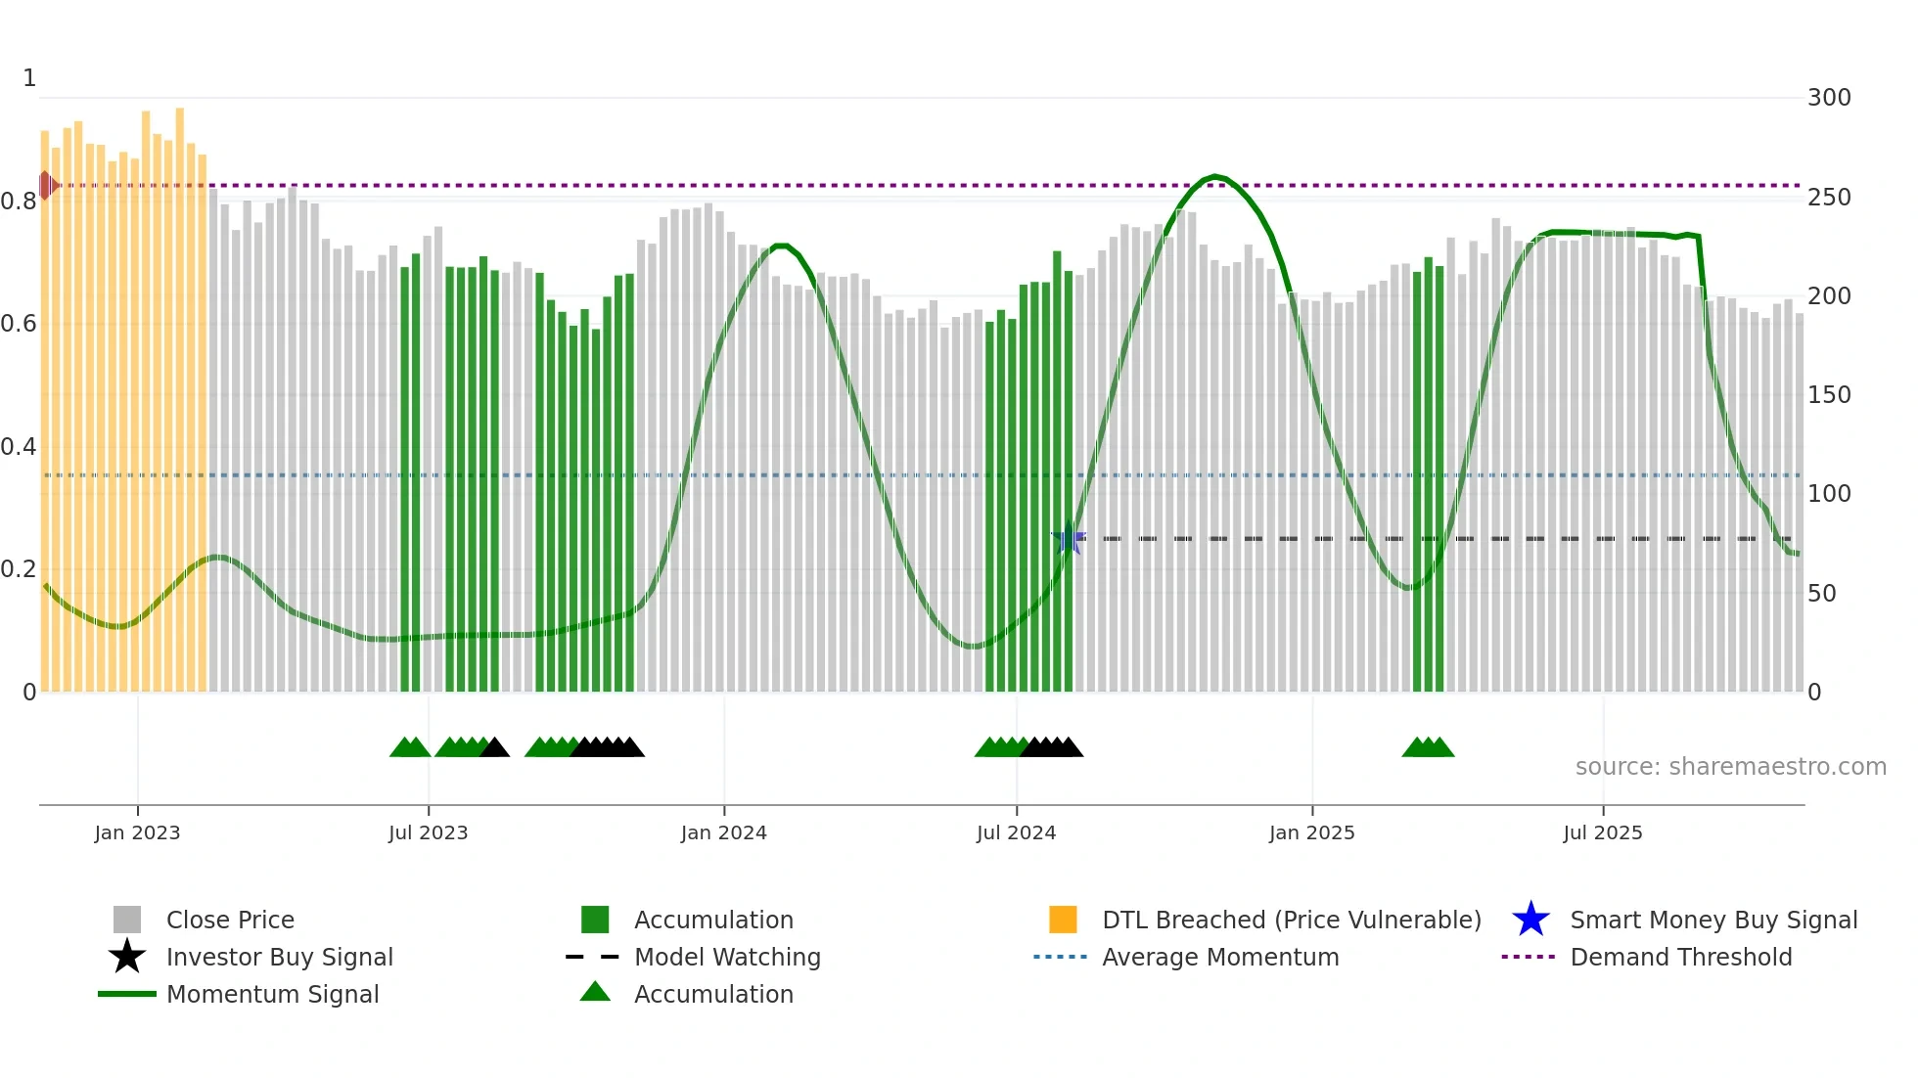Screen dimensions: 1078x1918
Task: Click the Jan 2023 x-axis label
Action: [x=137, y=832]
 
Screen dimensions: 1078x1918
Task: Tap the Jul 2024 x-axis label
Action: [x=1016, y=832]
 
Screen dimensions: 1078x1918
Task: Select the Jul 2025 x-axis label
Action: [x=1602, y=832]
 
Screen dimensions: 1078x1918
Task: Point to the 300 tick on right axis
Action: [x=1828, y=98]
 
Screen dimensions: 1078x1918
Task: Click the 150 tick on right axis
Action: [x=1828, y=395]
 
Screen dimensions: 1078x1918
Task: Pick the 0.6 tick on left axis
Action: [x=19, y=324]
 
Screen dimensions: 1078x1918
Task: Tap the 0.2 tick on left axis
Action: [x=19, y=569]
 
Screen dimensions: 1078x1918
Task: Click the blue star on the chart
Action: [x=1069, y=539]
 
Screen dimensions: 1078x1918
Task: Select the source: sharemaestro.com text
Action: [x=1730, y=767]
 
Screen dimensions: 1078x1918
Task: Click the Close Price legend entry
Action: [x=230, y=920]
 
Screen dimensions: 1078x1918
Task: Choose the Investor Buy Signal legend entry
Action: [x=279, y=957]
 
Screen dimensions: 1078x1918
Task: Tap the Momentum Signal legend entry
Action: [x=272, y=994]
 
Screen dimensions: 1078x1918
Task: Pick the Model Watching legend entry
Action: [x=727, y=957]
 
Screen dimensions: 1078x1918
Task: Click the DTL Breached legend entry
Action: [x=1291, y=920]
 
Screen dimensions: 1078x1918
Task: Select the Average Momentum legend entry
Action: [x=1220, y=957]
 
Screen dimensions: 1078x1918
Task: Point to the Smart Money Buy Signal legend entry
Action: [x=1712, y=920]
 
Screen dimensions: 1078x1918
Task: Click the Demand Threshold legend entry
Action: [x=1680, y=957]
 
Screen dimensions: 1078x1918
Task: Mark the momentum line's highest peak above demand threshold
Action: [x=1214, y=176]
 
